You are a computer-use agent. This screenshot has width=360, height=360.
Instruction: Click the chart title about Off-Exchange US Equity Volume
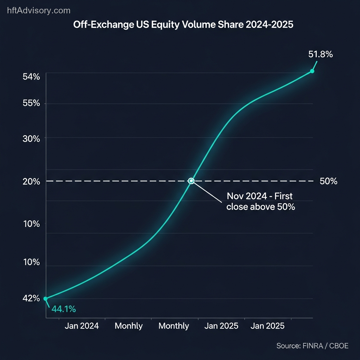click(183, 25)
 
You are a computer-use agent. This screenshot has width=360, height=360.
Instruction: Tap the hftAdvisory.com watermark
click(39, 11)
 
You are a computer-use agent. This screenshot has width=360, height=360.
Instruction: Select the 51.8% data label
click(321, 54)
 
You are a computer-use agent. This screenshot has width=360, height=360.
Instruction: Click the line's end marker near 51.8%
click(312, 71)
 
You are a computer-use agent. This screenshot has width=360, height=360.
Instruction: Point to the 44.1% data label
click(64, 309)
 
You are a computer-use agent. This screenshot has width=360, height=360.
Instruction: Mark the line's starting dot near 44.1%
click(45, 298)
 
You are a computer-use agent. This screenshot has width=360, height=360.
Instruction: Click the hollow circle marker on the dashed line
click(191, 181)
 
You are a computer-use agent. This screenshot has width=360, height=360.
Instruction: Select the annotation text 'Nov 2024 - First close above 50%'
click(260, 201)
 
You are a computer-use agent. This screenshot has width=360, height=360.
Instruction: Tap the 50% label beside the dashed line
click(328, 181)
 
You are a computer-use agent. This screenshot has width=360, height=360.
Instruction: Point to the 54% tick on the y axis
click(31, 77)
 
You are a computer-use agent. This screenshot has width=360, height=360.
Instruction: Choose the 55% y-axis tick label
click(31, 104)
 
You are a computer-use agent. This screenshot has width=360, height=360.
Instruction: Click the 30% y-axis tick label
click(31, 138)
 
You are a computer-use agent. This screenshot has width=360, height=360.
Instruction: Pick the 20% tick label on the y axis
click(31, 181)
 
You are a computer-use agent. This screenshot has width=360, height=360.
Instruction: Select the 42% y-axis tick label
click(31, 298)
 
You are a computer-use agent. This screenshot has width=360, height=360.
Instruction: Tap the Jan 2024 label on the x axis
click(82, 326)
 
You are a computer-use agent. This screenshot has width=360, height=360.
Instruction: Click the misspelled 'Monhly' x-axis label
click(129, 326)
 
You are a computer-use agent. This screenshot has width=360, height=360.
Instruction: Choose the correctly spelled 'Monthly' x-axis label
click(174, 326)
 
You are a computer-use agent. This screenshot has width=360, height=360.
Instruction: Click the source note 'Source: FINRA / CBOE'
click(312, 346)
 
